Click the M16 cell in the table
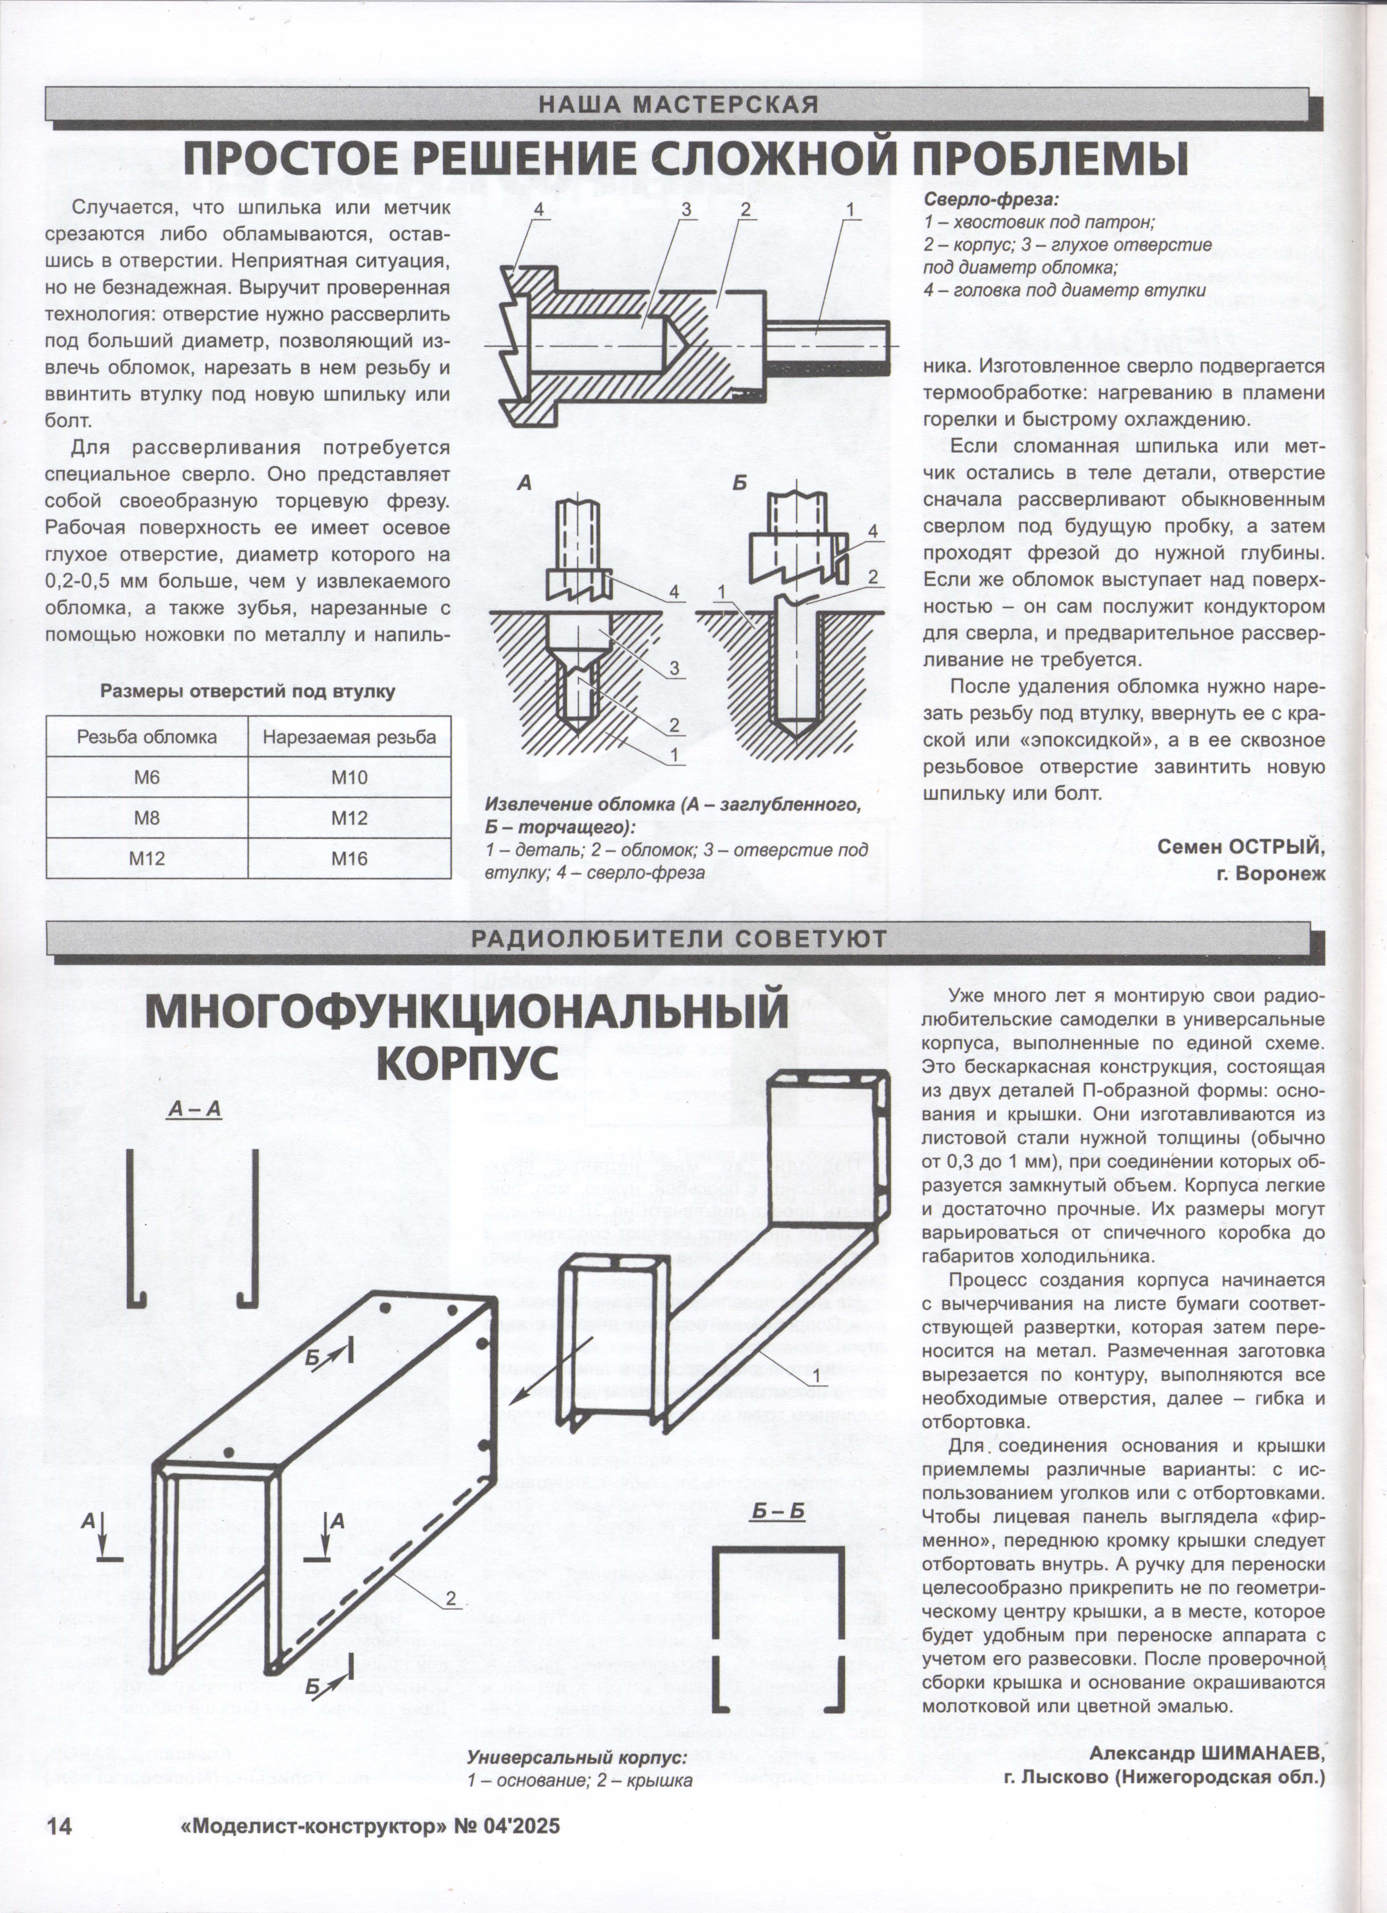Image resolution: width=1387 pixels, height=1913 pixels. tap(349, 859)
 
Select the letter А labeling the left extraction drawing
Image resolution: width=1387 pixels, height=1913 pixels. tap(524, 483)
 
